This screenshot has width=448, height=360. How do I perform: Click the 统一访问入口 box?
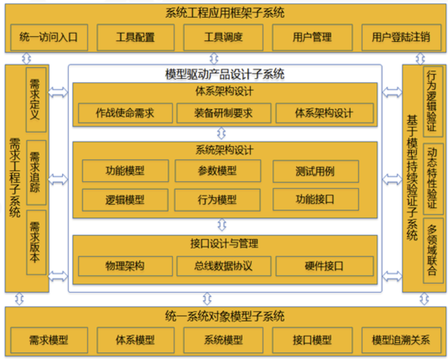click(48, 37)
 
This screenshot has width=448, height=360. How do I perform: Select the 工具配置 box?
click(135, 37)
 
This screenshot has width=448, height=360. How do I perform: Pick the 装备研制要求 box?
click(224, 114)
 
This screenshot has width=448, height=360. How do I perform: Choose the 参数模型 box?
click(217, 171)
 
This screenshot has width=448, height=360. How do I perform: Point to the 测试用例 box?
click(315, 171)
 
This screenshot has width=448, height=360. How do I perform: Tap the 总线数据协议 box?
click(224, 266)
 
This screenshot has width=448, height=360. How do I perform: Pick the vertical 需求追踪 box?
click(36, 172)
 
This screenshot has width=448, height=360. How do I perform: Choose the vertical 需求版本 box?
click(36, 242)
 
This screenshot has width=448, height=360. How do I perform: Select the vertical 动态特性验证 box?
click(433, 178)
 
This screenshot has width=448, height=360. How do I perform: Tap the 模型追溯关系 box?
click(401, 340)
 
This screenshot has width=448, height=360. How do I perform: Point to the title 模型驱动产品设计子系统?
click(224, 74)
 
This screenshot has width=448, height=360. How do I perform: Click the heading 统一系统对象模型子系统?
click(224, 316)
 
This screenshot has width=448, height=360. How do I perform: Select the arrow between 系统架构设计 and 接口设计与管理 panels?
click(221, 225)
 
